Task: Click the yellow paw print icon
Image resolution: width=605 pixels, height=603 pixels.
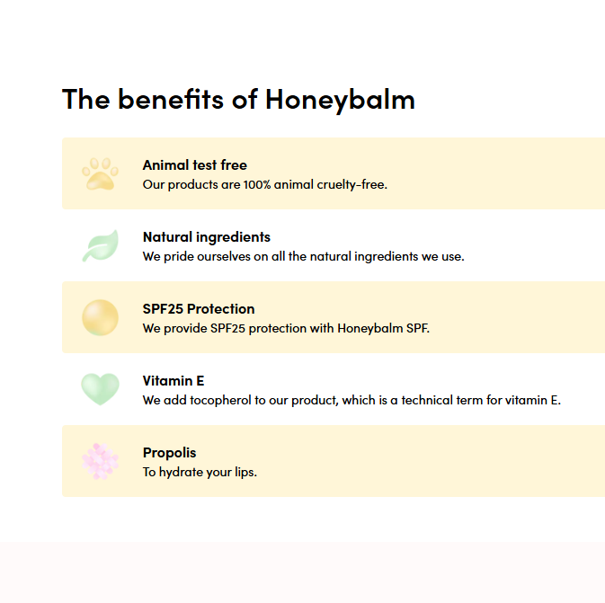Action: click(x=100, y=174)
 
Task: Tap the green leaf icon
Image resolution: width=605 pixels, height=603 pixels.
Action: click(x=101, y=245)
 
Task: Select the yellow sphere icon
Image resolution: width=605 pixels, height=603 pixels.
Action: click(x=101, y=317)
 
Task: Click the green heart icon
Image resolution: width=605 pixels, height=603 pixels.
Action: click(x=101, y=389)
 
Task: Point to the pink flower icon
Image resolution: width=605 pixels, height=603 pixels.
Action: click(x=101, y=461)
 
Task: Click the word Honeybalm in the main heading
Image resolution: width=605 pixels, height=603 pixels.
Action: click(x=340, y=100)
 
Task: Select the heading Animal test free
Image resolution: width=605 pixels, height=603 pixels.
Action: click(x=195, y=165)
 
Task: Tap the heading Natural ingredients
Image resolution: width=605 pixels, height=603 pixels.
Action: click(x=207, y=237)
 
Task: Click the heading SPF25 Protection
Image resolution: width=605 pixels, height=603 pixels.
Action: click(x=199, y=309)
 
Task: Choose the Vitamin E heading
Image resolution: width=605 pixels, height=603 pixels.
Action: click(x=173, y=381)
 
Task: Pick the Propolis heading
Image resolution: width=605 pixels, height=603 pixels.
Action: click(x=169, y=453)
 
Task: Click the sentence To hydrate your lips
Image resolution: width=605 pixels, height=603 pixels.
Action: click(x=200, y=472)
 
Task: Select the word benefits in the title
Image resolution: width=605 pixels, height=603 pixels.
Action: click(x=171, y=99)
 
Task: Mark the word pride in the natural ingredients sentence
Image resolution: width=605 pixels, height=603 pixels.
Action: click(x=179, y=256)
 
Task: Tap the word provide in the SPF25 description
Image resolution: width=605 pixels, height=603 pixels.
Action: click(x=185, y=329)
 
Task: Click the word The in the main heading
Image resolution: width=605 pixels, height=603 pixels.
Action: click(x=86, y=99)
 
